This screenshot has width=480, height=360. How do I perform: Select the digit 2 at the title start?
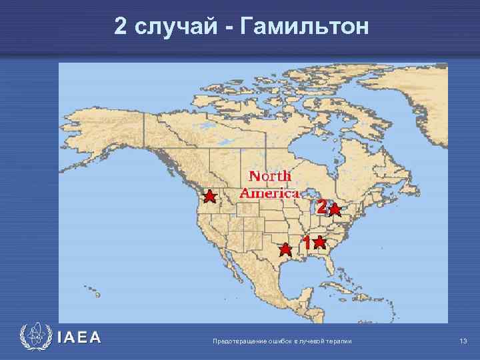point(121,27)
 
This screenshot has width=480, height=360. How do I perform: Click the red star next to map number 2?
point(335,211)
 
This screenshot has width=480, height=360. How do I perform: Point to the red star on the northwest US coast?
point(209,197)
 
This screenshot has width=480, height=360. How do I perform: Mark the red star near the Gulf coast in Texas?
point(285,250)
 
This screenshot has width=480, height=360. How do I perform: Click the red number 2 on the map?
point(321,207)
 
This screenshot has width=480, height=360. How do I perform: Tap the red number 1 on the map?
point(306,243)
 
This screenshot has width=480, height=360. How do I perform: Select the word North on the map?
point(270,177)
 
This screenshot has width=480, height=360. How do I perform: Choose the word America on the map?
point(269,193)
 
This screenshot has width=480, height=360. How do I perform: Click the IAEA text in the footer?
point(79,337)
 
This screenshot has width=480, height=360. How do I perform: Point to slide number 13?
point(463,341)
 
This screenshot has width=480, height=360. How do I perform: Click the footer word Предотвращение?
point(236,341)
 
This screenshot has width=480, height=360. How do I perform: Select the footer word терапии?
point(340,341)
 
